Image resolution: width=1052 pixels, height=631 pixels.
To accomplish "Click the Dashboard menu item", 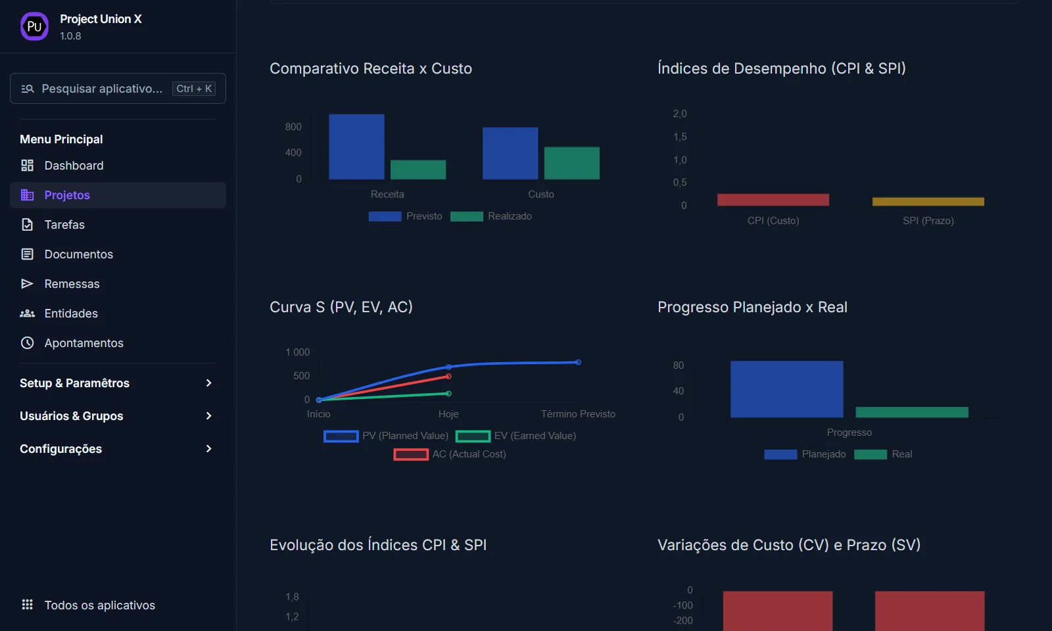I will coord(74,166).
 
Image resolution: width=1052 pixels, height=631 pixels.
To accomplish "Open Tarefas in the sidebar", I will coord(64,225).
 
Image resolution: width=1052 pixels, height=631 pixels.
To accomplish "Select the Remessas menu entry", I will coord(72,284).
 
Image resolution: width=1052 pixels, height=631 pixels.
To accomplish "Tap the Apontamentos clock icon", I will coord(27,343).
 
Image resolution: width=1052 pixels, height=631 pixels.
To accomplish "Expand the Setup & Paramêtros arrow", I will coord(208,383).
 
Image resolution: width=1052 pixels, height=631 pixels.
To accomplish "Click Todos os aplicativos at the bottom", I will coord(99,605).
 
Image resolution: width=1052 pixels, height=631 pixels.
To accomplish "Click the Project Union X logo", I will coord(34,27).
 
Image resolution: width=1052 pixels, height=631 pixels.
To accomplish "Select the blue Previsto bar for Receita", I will coord(356,147).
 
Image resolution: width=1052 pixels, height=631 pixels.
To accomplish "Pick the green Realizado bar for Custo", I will coord(571,163).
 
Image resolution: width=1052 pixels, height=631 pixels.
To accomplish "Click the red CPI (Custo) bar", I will coord(773,200).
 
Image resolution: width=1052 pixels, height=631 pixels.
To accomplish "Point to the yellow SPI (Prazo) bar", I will coord(928,202).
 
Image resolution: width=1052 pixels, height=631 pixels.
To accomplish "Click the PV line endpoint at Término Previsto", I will coord(578,362).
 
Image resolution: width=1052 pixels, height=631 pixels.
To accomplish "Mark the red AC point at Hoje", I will coord(448,377).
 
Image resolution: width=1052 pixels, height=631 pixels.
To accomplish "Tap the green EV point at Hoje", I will coord(448,394).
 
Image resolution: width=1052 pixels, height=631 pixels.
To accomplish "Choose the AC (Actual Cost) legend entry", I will coord(468,454).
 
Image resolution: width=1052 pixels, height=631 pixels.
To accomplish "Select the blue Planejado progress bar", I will coord(786,389).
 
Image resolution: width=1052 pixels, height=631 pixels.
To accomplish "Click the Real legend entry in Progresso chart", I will coord(901,454).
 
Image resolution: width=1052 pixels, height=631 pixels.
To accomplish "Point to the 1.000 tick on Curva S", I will coord(297,352).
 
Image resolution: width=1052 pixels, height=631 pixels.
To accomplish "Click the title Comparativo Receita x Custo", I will coord(371,68).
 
